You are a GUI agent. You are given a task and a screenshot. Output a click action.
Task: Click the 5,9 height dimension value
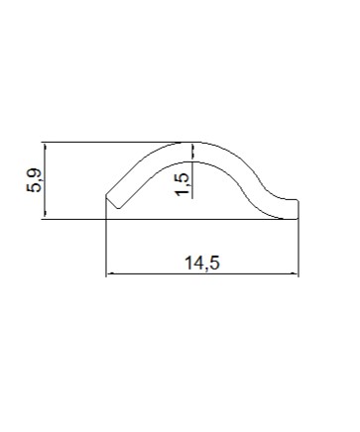[x=34, y=180]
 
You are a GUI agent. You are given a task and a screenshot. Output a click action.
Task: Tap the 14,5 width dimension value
[x=202, y=264]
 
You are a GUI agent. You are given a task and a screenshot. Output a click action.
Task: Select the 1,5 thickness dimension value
[x=182, y=184]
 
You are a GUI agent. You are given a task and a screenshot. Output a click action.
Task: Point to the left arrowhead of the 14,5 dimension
[x=111, y=273]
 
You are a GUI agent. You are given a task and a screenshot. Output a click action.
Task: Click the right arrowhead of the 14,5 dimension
[x=294, y=273]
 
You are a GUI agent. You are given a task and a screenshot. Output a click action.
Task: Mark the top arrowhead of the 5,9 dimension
[x=45, y=147]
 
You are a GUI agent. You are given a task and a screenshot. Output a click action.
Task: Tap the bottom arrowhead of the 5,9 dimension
[x=45, y=215]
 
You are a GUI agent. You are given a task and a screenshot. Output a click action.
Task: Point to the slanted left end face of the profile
[x=112, y=202]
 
